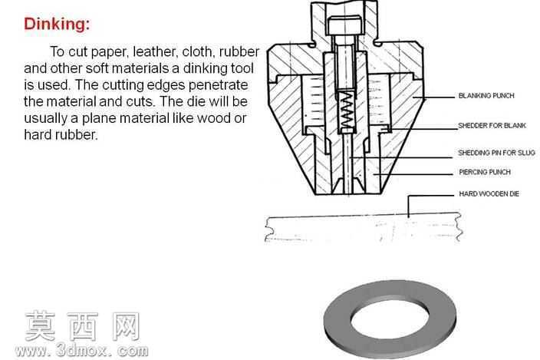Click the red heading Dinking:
click(57, 24)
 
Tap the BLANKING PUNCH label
click(486, 96)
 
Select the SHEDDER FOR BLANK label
click(492, 126)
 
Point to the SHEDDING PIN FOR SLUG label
click(496, 153)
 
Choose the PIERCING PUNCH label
click(485, 172)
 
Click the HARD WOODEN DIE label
click(489, 194)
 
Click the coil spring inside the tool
click(347, 110)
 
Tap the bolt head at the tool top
click(344, 25)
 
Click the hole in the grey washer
click(390, 319)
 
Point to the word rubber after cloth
click(239, 51)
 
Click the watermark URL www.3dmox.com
click(81, 351)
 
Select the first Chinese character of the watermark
click(40, 326)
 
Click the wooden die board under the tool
click(363, 227)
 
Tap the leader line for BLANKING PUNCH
click(433, 97)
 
